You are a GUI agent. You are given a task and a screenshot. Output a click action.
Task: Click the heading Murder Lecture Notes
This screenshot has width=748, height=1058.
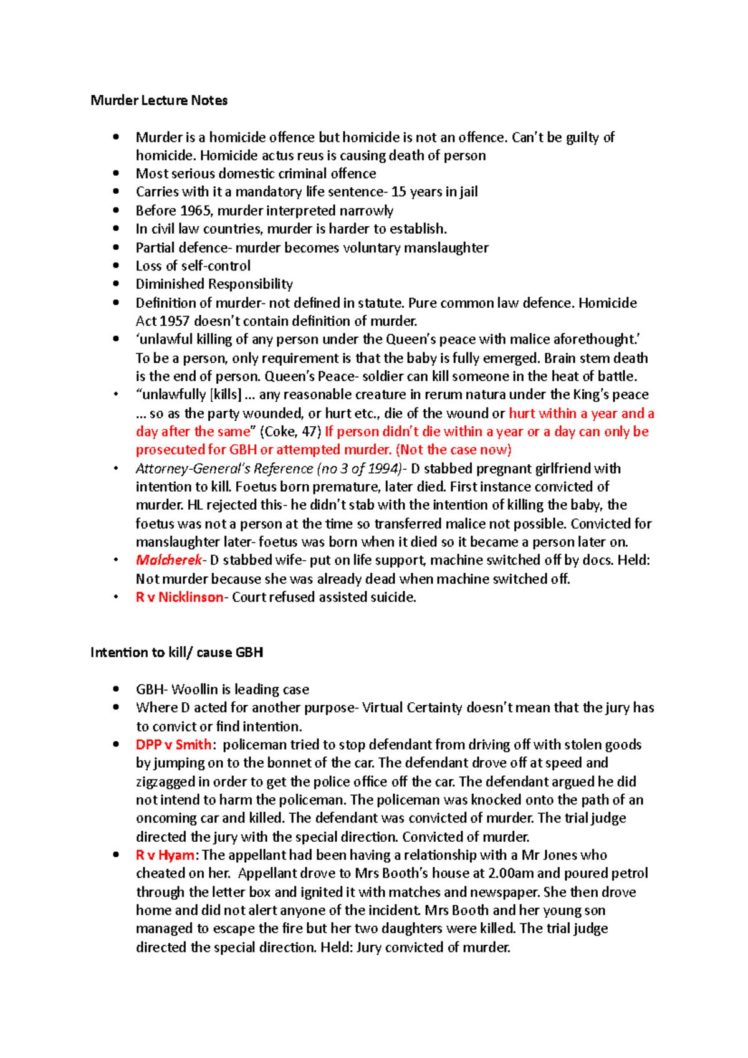coord(159,100)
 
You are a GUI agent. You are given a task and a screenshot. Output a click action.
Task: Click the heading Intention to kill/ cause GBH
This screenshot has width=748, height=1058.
coord(176,652)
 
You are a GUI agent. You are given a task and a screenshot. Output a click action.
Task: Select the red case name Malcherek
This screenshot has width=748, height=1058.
coord(168,560)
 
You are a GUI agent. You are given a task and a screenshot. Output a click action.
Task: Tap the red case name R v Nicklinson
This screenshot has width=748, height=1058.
coord(179,597)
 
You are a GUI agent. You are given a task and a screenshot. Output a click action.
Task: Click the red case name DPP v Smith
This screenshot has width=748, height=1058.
coord(173,745)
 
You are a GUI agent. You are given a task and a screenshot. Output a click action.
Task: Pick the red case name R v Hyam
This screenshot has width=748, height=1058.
coord(165,855)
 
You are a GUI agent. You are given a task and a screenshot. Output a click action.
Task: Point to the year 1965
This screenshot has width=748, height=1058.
coord(194,211)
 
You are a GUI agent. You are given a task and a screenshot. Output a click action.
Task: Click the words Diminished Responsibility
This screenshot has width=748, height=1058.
coord(214,284)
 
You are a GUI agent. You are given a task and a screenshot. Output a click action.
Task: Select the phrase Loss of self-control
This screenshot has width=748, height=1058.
coord(193,266)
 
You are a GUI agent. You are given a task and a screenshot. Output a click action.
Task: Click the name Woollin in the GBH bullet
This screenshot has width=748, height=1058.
coord(194,690)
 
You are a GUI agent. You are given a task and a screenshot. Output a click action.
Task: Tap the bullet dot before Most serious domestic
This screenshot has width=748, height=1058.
coord(116,173)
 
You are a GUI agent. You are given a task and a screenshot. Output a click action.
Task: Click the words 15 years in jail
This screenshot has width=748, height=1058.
coord(434,192)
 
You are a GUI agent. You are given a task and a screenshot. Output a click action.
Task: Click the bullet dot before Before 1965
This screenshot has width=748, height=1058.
coord(116,211)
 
